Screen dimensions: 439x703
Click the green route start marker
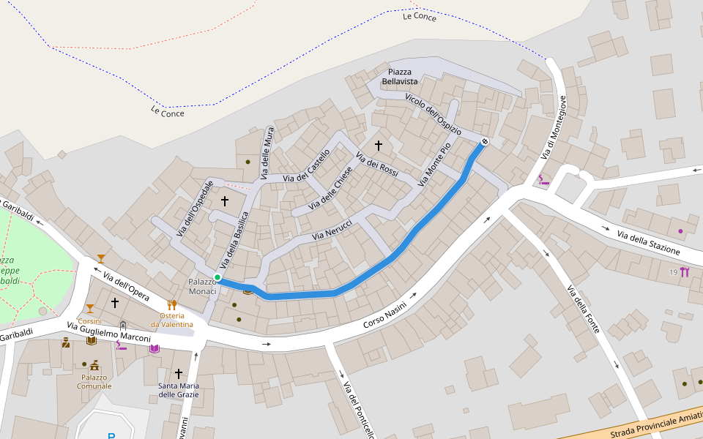217,277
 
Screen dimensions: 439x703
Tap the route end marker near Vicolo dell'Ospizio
484,140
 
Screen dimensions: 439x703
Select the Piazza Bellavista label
400,76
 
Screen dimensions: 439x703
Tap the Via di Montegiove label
554,127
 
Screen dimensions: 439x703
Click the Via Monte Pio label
435,163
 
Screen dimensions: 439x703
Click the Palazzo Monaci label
202,286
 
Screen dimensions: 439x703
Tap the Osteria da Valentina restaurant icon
172,304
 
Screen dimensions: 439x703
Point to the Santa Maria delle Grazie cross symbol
178,373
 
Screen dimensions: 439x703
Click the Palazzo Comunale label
94,381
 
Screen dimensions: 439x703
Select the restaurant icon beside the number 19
685,272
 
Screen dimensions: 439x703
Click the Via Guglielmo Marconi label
108,332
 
